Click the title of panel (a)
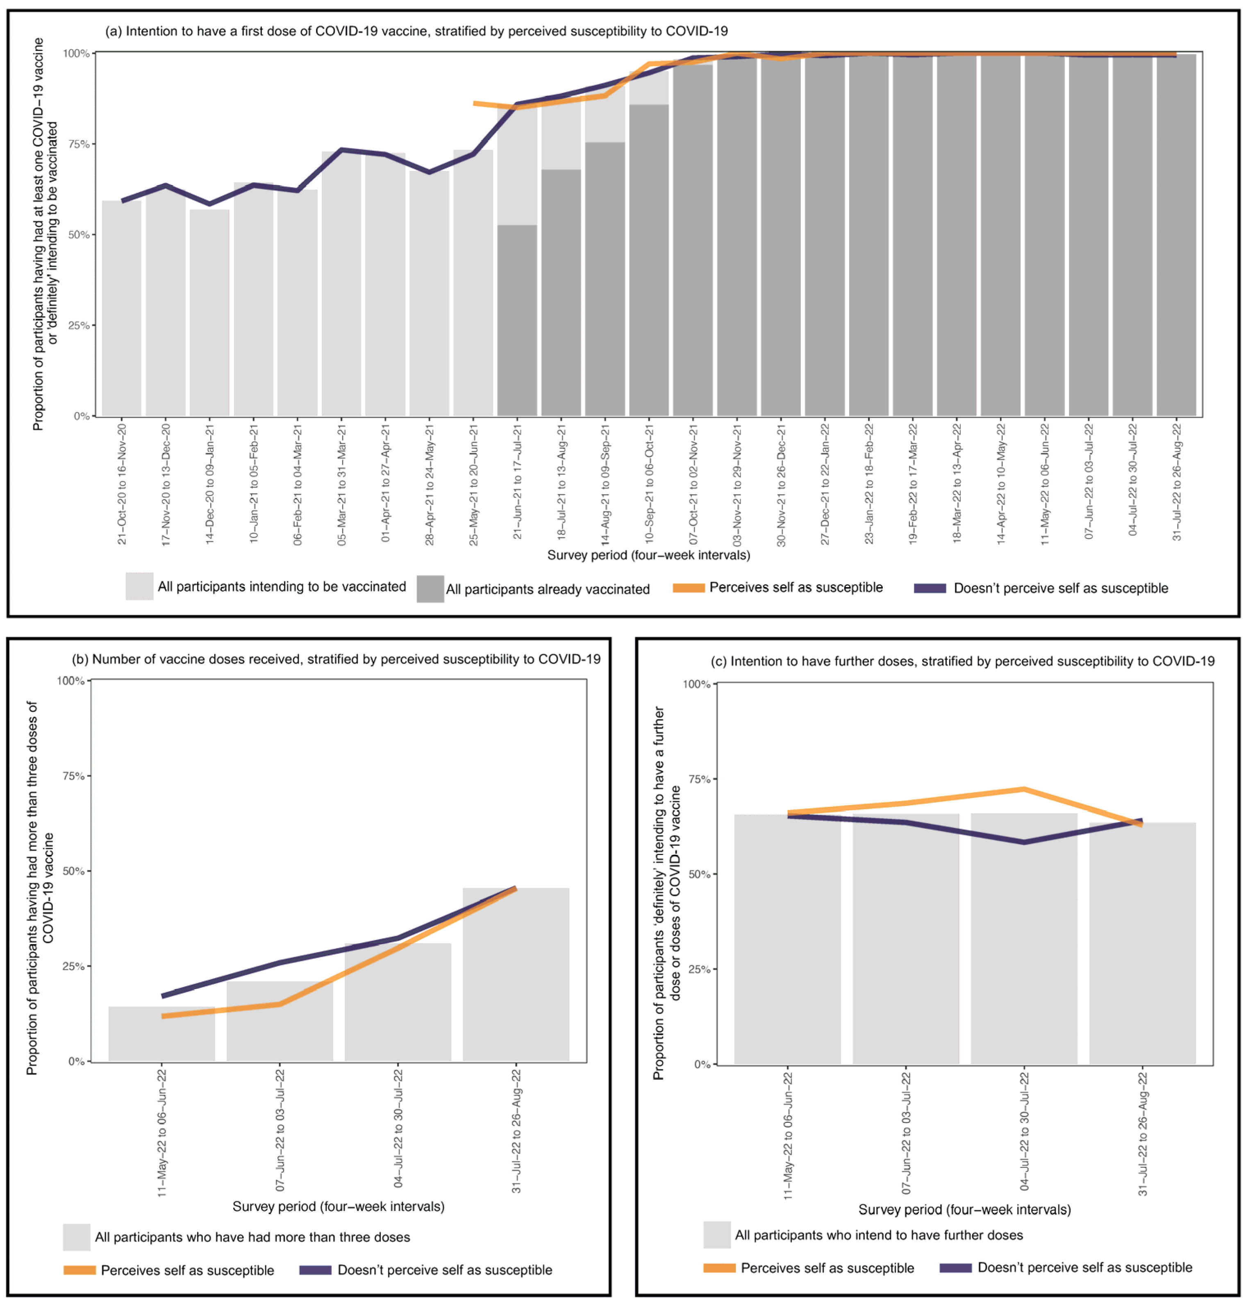tap(416, 31)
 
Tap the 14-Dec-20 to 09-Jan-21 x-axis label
tap(210, 484)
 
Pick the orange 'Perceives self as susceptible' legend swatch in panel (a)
tap(688, 588)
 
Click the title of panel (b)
tap(336, 659)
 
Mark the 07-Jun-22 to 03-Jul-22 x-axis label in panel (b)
tap(280, 1128)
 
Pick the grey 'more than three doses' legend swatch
tap(77, 1237)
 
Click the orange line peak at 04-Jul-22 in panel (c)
tap(1024, 789)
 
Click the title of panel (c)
tap(962, 661)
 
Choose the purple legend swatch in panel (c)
tap(955, 1268)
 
